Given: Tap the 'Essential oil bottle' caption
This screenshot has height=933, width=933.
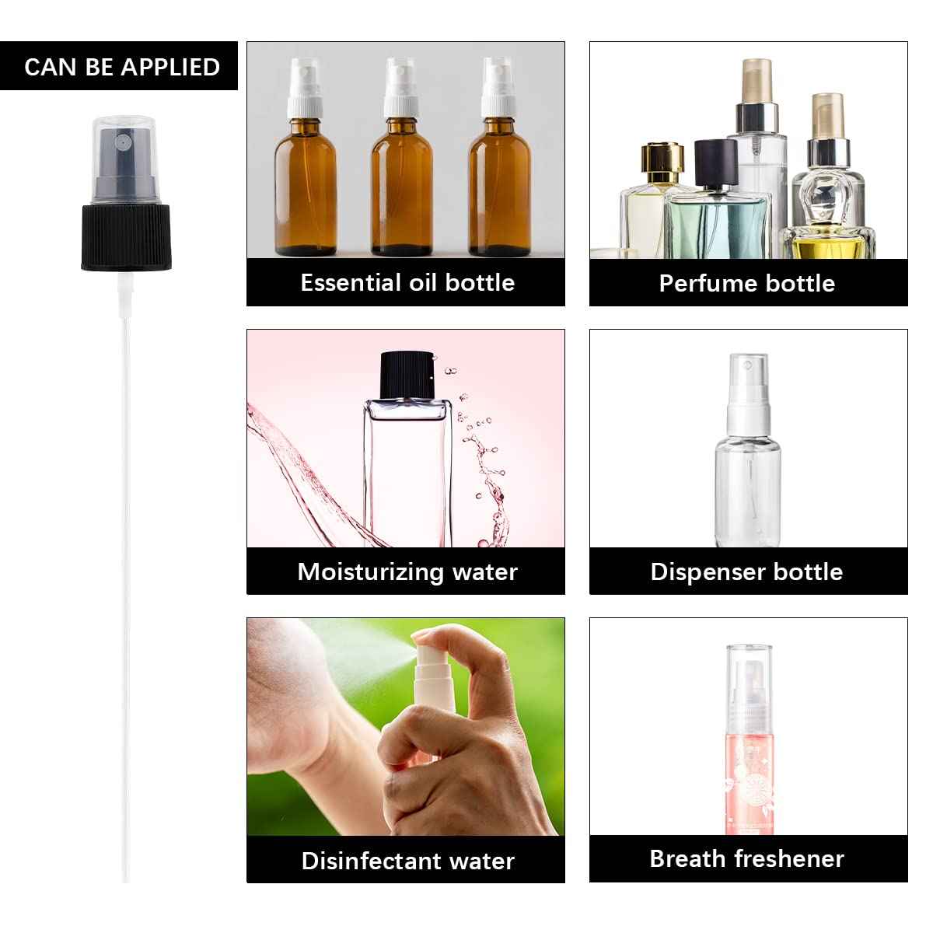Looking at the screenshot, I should (407, 282).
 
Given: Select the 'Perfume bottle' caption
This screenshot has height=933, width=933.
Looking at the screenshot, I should (747, 283).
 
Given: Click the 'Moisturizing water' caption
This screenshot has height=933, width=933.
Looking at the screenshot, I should (407, 571).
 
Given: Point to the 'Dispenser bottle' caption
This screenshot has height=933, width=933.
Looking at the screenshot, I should (747, 571).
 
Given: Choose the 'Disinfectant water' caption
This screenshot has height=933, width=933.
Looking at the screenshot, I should (407, 861).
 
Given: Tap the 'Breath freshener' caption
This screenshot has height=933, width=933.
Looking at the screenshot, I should (747, 858).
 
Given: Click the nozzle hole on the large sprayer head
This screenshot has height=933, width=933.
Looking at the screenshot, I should (122, 143).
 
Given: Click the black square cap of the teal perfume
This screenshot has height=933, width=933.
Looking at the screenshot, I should (715, 162).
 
